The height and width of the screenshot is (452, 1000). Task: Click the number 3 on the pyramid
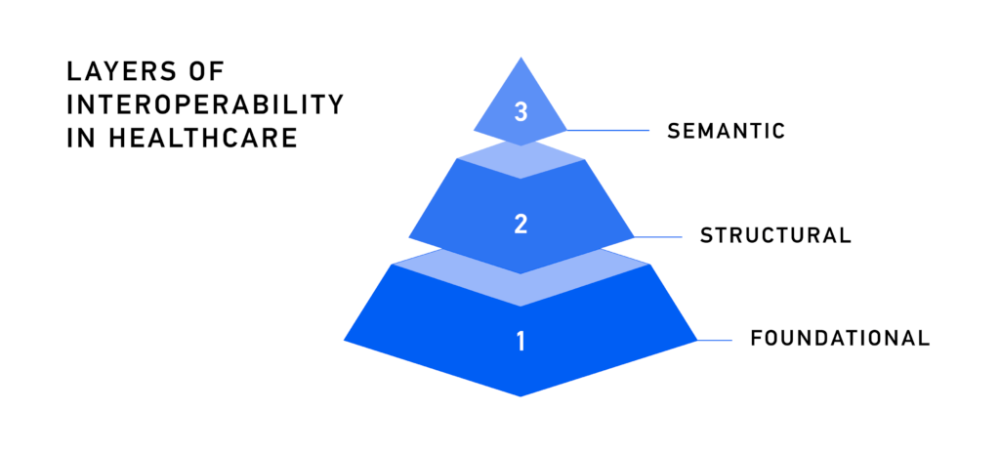[x=521, y=112]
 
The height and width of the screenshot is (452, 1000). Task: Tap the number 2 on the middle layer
[x=521, y=224]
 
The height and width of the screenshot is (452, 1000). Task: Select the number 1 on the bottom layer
[x=521, y=342]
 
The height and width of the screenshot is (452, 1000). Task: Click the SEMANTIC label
[x=726, y=131]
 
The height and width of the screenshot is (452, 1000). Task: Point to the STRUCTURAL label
[x=776, y=235]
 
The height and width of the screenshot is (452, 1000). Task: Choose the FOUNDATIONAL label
[x=839, y=339]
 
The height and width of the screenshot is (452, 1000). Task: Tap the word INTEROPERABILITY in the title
[x=204, y=104]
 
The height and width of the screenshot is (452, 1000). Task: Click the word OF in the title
[x=203, y=72]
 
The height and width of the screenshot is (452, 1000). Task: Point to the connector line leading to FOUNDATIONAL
[x=714, y=340]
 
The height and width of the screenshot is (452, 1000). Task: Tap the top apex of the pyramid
[x=521, y=58]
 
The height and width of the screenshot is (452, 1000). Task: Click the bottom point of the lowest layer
[x=521, y=395]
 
